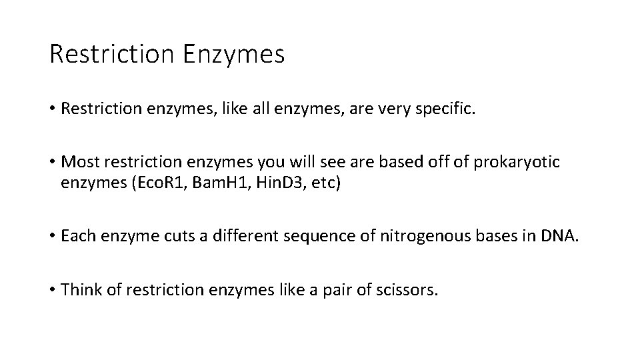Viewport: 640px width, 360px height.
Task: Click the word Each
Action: pyautogui.click(x=78, y=237)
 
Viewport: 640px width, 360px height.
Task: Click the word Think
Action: pyautogui.click(x=80, y=291)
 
